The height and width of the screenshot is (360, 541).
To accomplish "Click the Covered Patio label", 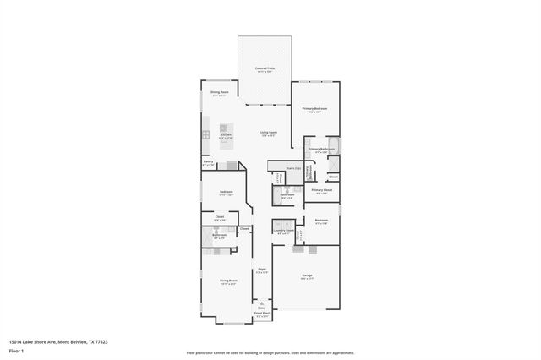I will [x=265, y=68].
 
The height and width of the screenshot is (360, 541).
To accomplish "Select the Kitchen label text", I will [x=226, y=134].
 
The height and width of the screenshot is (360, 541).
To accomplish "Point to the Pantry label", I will [x=208, y=161].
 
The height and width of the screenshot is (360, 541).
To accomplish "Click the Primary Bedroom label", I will [x=314, y=109].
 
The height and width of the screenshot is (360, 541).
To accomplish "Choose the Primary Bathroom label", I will [x=321, y=149].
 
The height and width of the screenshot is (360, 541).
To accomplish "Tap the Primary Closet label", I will [x=321, y=190].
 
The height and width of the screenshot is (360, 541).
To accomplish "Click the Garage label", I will [x=308, y=275].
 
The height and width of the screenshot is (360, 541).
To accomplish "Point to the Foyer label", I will [x=263, y=270].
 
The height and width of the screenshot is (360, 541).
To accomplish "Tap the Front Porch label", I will [x=262, y=314].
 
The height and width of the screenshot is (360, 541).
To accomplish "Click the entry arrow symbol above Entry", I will [x=262, y=302].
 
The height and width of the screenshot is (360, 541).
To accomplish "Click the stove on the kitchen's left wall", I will [x=205, y=134].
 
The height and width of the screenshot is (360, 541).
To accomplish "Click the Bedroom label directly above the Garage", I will [x=321, y=220].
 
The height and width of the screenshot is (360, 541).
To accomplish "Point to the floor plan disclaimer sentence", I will [x=270, y=352].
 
